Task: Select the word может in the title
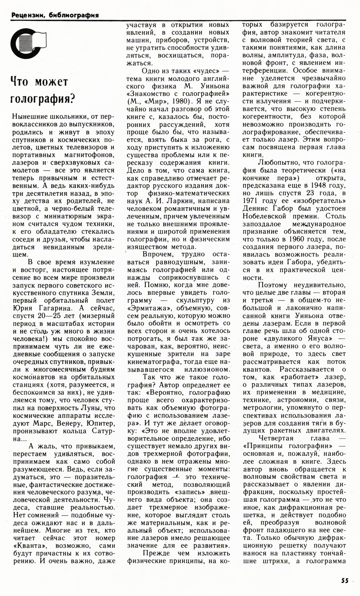[52, 82]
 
